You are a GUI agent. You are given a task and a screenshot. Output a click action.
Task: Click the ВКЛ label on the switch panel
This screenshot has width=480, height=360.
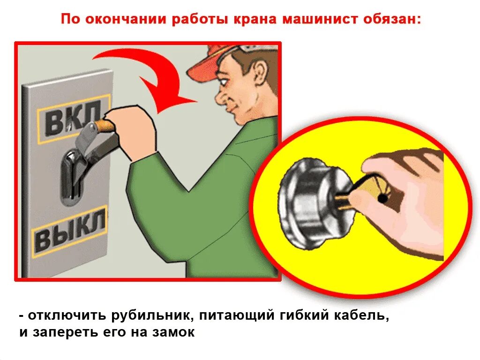point(74,120)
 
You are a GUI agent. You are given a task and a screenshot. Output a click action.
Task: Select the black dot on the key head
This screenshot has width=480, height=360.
point(382,199)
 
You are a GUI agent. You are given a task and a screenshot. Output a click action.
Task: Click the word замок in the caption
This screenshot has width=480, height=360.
point(173,332)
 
